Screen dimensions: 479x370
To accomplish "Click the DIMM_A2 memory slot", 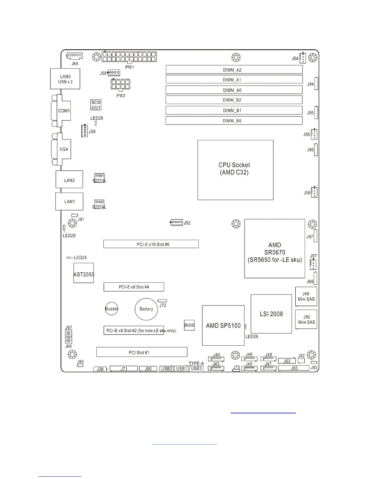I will (x=234, y=70).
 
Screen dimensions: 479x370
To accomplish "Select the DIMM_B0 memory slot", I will (x=234, y=121).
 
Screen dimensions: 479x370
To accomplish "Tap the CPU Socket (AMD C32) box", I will (x=235, y=170).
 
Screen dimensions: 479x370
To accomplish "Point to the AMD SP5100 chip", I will (x=223, y=325).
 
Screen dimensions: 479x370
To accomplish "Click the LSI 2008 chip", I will (x=271, y=314).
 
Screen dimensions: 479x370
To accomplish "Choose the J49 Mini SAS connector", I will (x=306, y=297).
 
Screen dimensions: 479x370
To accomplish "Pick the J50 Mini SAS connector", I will (x=306, y=320).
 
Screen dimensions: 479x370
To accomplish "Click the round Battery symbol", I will (x=146, y=309).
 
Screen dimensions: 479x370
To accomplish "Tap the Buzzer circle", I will (x=112, y=309).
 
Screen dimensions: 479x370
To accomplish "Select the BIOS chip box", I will (x=189, y=325).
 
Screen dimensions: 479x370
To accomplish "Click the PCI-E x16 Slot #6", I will (x=151, y=244).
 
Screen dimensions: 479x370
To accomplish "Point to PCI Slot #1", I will (x=142, y=352).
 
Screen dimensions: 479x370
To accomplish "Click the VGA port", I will (x=63, y=149).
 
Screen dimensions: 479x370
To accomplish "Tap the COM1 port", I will (x=63, y=111).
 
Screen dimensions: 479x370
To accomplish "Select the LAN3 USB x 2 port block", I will (x=65, y=79).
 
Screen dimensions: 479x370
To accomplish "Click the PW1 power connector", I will (x=129, y=57).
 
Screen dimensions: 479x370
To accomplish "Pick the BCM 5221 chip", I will (x=96, y=105).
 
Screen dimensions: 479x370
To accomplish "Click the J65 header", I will (x=294, y=368).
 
